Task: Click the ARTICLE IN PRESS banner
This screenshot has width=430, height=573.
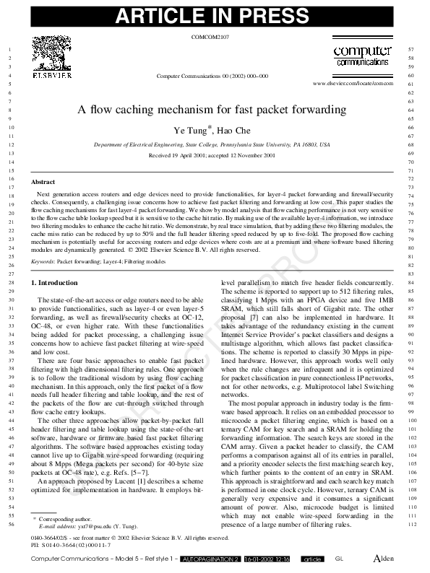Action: pos(215,16)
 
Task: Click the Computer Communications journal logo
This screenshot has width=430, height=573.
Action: pos(363,56)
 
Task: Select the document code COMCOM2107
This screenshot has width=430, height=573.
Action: pos(212,35)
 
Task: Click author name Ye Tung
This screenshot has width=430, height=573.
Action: pos(192,131)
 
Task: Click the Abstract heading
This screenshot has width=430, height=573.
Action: pos(44,183)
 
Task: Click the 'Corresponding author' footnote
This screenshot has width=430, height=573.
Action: pos(66,519)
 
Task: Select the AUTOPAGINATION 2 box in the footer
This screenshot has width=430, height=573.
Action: pos(210,560)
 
